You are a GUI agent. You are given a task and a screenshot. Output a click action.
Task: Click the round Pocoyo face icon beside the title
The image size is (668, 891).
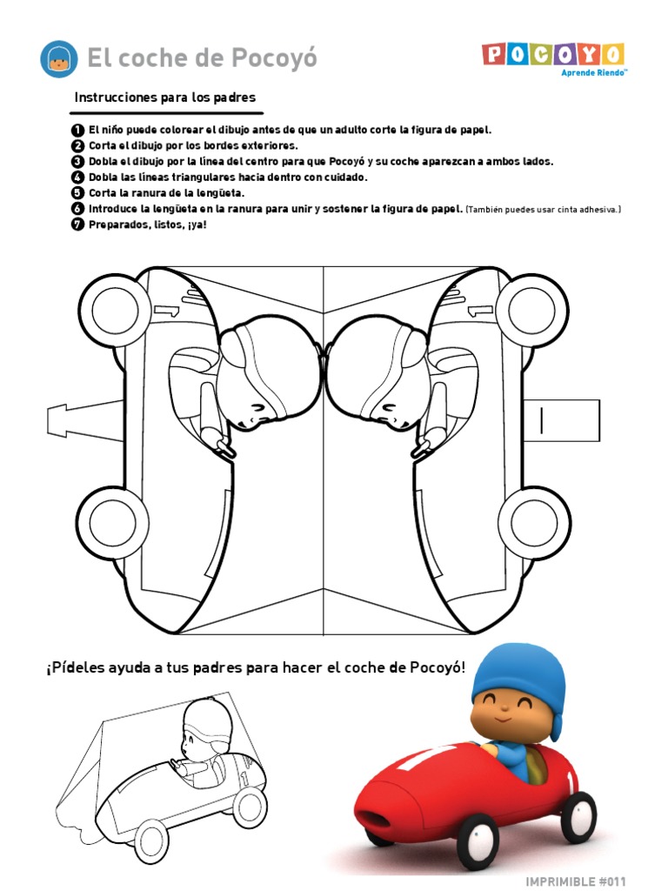[x=59, y=58]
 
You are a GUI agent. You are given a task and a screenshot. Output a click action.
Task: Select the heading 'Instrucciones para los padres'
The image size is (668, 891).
[x=164, y=97]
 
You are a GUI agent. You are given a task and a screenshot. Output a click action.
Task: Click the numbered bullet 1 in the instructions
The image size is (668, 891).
[x=78, y=130]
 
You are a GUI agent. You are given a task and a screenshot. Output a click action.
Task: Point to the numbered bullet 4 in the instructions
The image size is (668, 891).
[x=78, y=177]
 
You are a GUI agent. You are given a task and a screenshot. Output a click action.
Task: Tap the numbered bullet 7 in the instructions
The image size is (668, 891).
[x=78, y=224]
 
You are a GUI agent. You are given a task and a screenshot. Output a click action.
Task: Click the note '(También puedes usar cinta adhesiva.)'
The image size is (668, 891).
[x=544, y=209]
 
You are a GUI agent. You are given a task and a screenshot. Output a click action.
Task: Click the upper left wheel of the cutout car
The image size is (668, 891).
[x=115, y=307]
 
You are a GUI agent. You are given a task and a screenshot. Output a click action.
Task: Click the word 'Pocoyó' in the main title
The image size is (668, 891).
[x=274, y=58]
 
